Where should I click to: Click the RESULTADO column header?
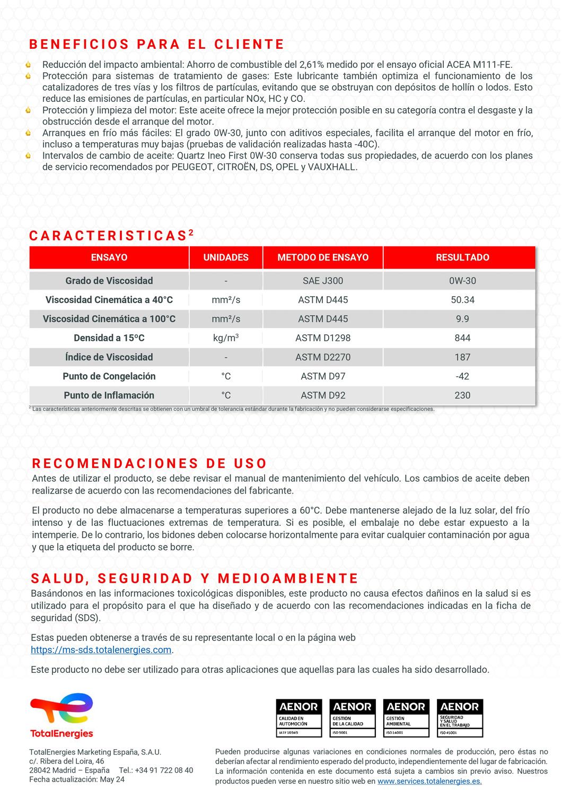pos(462,257)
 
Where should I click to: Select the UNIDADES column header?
pos(226,257)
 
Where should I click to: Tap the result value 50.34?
pos(462,300)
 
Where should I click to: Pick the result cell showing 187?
pos(462,357)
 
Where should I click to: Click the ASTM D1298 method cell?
pos(323,338)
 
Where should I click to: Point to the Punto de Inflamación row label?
pos(109,395)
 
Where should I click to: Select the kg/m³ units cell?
pos(226,338)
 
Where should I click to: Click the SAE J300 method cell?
pos(323,281)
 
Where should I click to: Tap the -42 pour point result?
pos(462,376)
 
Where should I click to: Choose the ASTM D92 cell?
pos(323,395)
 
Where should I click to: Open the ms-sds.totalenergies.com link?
pos(101,650)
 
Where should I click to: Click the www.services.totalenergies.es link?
pos(429,782)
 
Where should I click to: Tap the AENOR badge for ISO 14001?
pos(406,718)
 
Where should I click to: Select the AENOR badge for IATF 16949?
pos(299,718)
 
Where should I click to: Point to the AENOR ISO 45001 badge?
pos(460,718)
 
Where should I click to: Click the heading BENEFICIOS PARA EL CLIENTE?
pos(157,44)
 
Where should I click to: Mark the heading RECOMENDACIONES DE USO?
pos(149,463)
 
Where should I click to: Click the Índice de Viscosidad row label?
pos(109,357)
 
